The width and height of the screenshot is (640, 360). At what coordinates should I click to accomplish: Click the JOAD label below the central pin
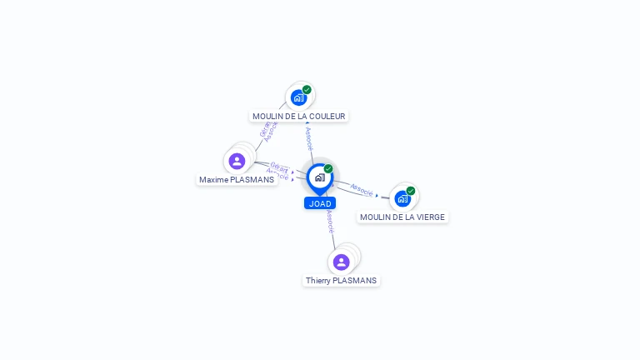[320, 203]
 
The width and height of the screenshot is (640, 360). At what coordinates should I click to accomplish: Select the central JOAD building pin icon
[320, 177]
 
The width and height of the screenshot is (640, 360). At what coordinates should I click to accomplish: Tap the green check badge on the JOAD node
[328, 169]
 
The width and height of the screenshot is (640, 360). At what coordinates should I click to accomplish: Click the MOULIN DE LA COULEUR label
[298, 117]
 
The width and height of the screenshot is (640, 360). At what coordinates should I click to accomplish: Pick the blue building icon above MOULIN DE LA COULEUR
[298, 97]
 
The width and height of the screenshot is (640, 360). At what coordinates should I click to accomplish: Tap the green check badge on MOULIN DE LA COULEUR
[307, 89]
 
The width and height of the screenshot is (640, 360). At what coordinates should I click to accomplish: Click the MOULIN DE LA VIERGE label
[403, 217]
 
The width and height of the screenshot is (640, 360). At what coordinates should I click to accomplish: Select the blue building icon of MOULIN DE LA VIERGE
[402, 198]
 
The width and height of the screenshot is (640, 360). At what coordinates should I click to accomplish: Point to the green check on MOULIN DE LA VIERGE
[411, 191]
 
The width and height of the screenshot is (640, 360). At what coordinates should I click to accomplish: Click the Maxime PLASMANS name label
[237, 180]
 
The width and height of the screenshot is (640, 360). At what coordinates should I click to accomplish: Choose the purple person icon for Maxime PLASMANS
[237, 161]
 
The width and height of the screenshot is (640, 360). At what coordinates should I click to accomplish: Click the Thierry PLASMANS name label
[341, 281]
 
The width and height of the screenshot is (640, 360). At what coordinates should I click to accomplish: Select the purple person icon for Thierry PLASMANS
[341, 262]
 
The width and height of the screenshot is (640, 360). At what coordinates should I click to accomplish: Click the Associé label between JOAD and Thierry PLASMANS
[330, 221]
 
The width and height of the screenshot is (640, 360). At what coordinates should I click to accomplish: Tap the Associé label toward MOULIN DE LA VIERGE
[361, 190]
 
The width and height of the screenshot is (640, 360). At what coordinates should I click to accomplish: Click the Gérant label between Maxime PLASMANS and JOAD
[279, 167]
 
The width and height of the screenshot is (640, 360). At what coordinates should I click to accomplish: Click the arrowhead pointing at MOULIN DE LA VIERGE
[377, 196]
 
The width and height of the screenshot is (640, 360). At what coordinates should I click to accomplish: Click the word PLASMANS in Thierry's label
[355, 281]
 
